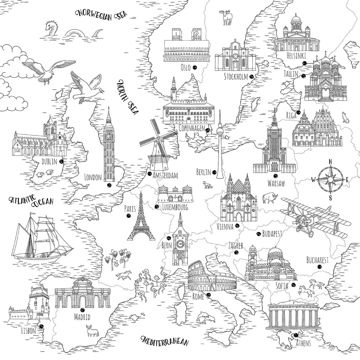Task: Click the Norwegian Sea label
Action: [x=102, y=14]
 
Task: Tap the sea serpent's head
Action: [x=50, y=26]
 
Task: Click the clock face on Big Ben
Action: [x=108, y=136]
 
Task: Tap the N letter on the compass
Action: [x=330, y=161]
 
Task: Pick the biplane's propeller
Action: [x=301, y=220]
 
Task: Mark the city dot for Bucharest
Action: [x=319, y=267]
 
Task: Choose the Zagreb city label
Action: [x=236, y=246]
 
